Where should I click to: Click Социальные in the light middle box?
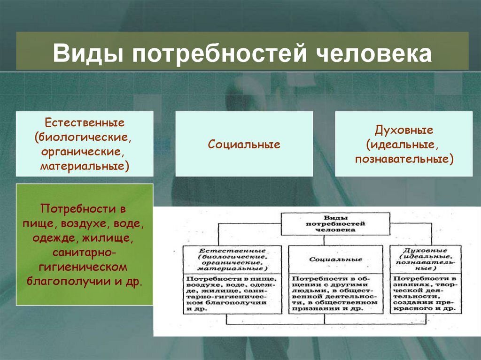pos(244,145)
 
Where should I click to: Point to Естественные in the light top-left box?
pos(85,123)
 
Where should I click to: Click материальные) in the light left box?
pos(85,166)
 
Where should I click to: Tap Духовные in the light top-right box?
pos(404,130)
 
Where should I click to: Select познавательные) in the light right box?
pos(404,159)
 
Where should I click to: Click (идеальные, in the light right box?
pos(404,145)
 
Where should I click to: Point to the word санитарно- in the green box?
pos(85,254)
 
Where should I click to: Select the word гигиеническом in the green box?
pos(85,268)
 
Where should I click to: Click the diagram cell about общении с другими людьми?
pos(335,293)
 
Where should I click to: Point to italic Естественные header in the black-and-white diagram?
pos(232,252)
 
